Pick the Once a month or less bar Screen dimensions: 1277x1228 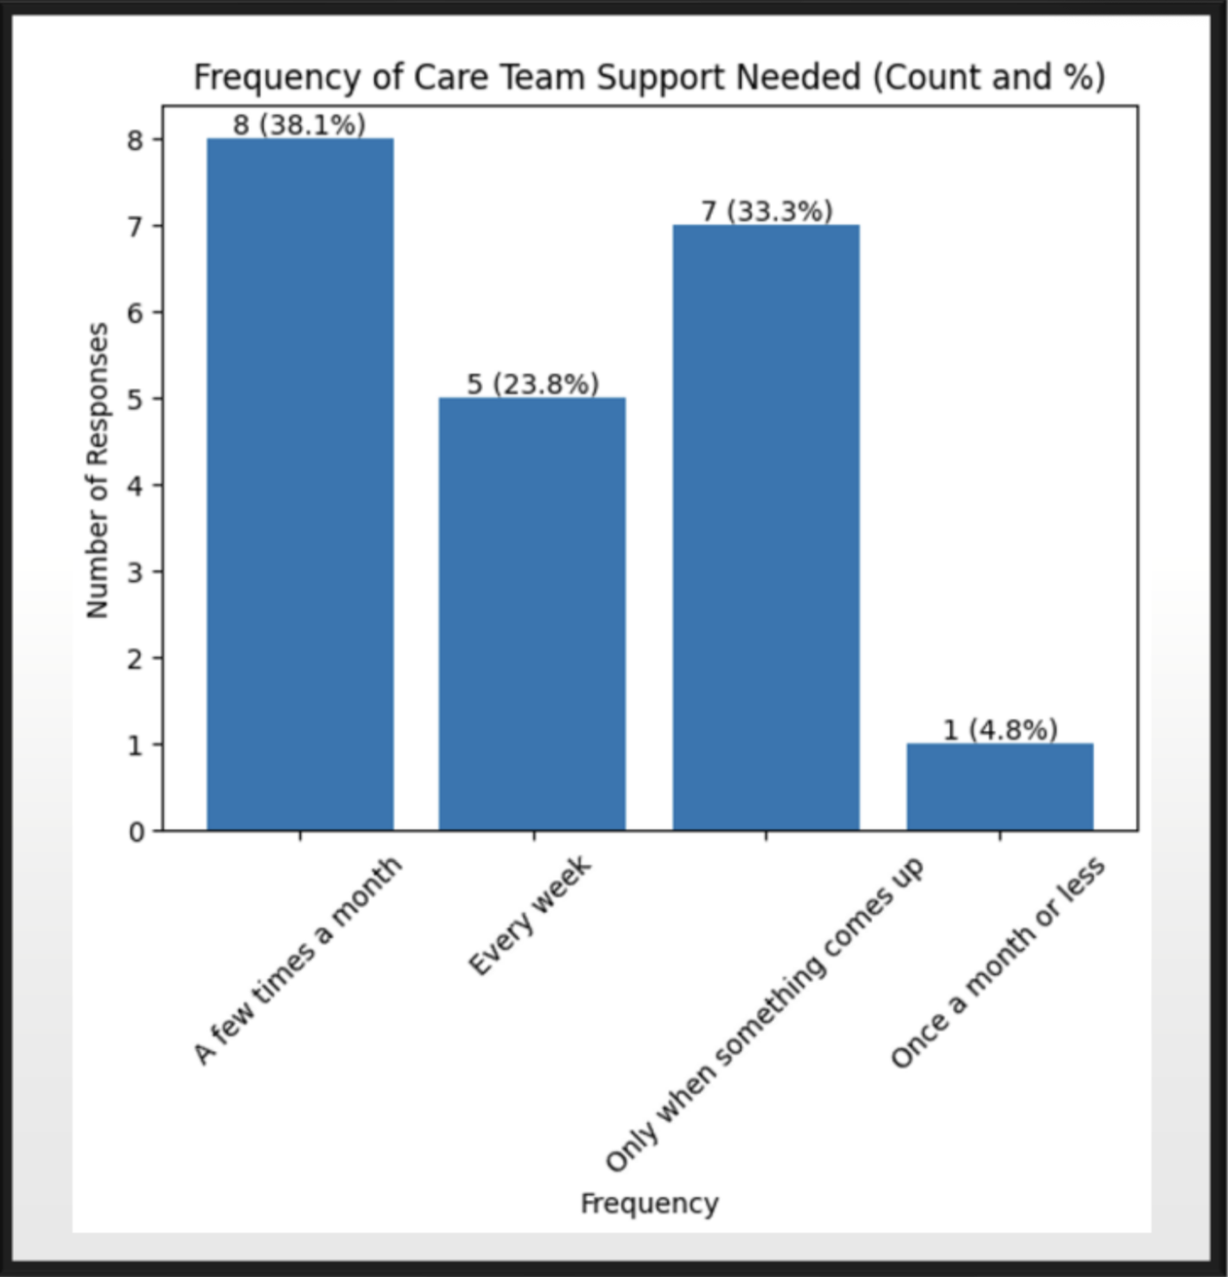pos(1000,787)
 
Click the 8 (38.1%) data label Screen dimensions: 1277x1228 pos(299,125)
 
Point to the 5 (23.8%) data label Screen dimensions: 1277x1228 pos(532,383)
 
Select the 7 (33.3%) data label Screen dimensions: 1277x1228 pos(767,211)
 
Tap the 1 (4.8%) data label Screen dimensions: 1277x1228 pos(1000,730)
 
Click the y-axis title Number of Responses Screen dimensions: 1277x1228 pos(98,470)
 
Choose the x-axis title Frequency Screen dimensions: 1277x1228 pos(649,1203)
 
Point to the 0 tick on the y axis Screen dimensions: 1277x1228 pos(136,832)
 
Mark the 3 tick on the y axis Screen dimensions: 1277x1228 pos(136,573)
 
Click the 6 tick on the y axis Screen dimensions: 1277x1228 pos(136,313)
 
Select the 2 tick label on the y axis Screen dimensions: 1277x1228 pos(136,658)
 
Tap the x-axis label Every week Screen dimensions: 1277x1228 pos(530,915)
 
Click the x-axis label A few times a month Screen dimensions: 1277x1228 pos(297,960)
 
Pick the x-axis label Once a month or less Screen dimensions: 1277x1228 pos(997,962)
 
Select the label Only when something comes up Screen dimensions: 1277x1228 pos(764,1015)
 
